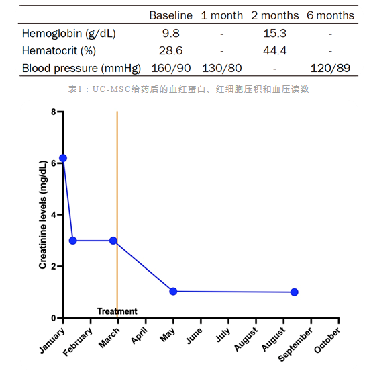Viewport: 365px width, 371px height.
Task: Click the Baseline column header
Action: pos(171,15)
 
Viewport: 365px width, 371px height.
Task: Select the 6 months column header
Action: pos(330,15)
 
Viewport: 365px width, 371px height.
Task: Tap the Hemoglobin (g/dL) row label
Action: pos(68,34)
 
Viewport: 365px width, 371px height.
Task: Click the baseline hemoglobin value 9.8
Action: pos(171,33)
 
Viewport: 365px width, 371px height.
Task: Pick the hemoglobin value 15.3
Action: pos(274,33)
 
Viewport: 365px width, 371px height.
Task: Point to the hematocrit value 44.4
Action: pos(274,50)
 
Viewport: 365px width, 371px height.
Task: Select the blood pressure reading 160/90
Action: pos(171,68)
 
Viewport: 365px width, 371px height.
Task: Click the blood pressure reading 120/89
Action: pos(330,68)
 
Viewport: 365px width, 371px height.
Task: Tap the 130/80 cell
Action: pos(222,68)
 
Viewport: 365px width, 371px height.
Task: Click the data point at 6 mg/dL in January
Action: pos(63,158)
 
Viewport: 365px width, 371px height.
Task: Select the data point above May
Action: pos(173,292)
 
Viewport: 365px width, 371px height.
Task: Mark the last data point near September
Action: pos(294,292)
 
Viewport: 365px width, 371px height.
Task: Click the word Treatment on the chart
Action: pos(117,311)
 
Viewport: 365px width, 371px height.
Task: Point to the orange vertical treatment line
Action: pos(117,214)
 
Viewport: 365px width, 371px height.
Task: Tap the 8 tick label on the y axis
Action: pos(54,112)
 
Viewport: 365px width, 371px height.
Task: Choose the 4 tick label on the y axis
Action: pos(54,215)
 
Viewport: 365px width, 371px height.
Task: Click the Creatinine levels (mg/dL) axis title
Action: pos(43,214)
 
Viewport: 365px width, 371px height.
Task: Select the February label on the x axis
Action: pos(77,342)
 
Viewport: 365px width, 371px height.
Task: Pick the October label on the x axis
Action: pos(327,340)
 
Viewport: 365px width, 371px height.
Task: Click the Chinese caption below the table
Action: pos(189,89)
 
